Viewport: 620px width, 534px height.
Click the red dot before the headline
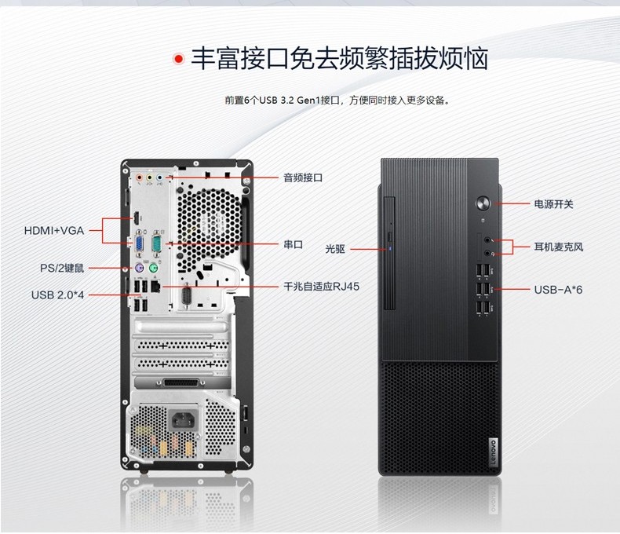point(179,59)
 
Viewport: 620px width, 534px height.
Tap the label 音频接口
point(303,177)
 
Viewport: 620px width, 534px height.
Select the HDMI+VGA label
point(54,231)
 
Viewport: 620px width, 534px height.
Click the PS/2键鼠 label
point(62,269)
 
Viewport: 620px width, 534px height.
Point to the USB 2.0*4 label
point(58,295)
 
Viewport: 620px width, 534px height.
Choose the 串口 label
point(294,244)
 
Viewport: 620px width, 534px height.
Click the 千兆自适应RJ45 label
point(322,287)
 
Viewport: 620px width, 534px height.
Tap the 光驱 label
point(335,249)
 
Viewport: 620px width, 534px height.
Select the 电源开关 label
point(553,204)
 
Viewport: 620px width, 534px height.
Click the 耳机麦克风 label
point(559,247)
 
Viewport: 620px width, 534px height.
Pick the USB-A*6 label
point(558,290)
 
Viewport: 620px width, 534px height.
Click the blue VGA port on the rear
point(140,243)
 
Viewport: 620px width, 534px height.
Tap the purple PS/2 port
point(138,269)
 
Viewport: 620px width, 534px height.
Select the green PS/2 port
point(154,269)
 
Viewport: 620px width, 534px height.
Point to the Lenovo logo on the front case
point(494,452)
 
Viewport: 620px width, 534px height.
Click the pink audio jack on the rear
point(139,178)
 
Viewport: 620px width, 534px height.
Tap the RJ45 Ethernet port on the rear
point(155,286)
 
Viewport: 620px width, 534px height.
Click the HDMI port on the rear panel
point(136,218)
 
